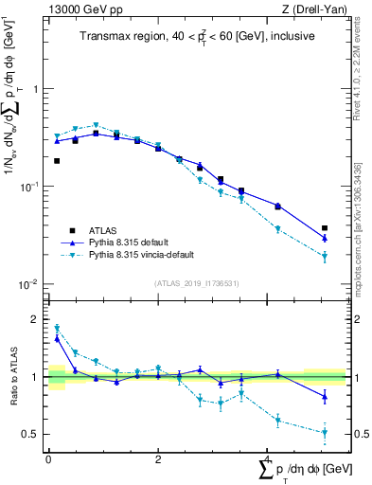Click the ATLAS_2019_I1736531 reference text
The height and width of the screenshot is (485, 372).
pos(195,283)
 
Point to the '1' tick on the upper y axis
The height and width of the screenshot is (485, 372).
pos(36,89)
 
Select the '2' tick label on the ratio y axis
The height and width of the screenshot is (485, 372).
pos(36,319)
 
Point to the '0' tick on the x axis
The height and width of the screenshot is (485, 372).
pos(48,458)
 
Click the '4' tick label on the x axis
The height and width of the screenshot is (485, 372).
pos(268,458)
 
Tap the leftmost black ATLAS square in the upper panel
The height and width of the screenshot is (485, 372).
pos(57,161)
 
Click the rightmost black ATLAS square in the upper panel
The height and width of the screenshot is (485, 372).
pos(325,228)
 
